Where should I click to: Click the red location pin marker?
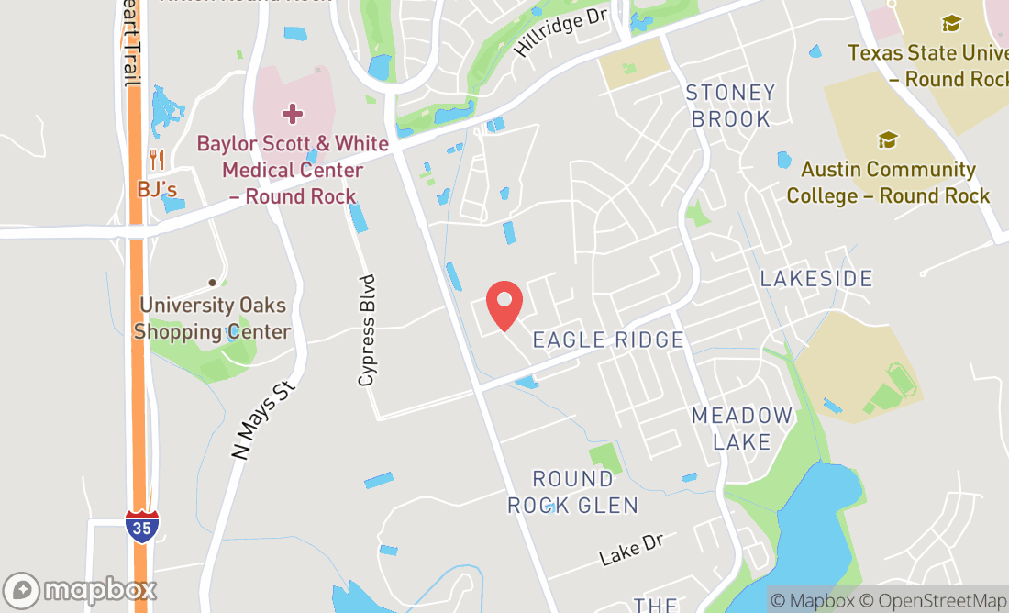pos(504,305)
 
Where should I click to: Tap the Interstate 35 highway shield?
pos(141,527)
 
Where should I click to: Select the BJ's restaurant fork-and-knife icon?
pos(156,161)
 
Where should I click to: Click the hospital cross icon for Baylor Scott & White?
pos(292,114)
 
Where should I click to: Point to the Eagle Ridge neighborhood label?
pos(608,340)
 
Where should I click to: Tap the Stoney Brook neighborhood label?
pos(731,106)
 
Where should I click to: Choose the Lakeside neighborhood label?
pos(816,278)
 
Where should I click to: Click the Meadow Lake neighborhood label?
pos(741,429)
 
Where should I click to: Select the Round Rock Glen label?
pos(572,492)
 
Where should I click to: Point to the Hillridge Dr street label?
pos(561,36)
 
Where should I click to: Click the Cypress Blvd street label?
pos(368,330)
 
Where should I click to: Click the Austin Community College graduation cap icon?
pos(887,139)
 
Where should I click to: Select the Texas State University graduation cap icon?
pos(951,24)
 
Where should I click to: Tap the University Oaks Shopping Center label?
pos(213,318)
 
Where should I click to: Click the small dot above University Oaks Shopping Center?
pos(213,283)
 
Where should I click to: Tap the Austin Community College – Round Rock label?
pos(888,183)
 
